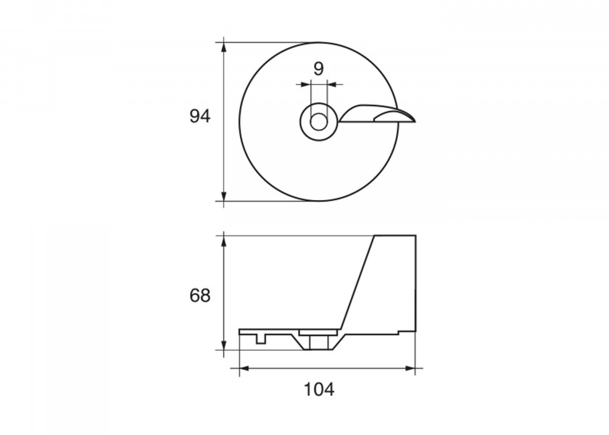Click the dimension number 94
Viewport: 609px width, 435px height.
click(x=199, y=116)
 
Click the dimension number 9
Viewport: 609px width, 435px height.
click(x=318, y=69)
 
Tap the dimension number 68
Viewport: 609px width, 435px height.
click(x=199, y=296)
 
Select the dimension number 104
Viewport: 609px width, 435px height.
click(x=318, y=389)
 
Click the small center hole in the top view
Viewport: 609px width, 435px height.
click(x=318, y=122)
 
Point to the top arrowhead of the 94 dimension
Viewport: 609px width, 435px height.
click(x=223, y=47)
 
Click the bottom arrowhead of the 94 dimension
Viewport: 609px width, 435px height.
click(x=223, y=196)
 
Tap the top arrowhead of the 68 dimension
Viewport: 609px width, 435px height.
click(x=223, y=241)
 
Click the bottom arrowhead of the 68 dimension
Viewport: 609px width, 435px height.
click(x=223, y=344)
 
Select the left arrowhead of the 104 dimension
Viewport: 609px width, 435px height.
click(x=244, y=368)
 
